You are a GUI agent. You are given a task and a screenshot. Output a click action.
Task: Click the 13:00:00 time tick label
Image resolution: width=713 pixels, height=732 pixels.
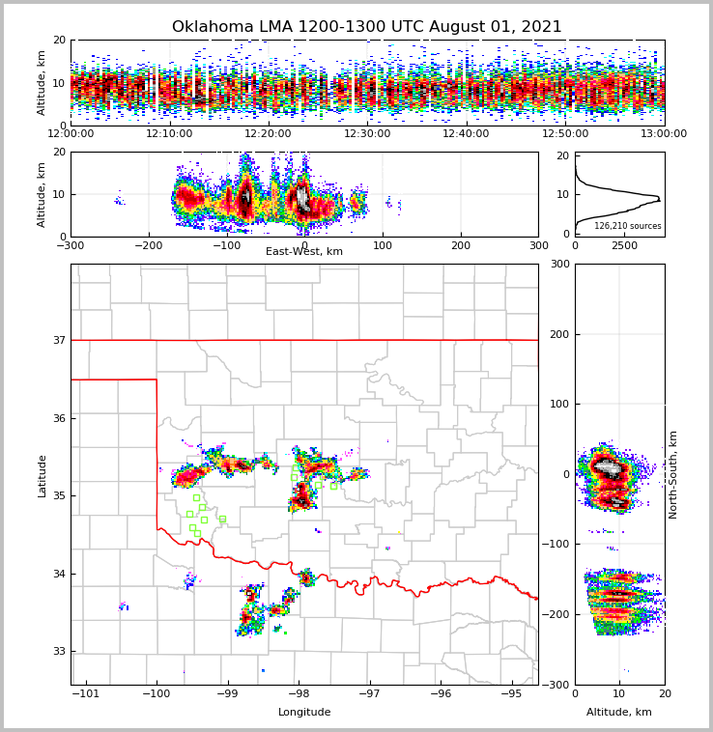pyautogui.click(x=664, y=134)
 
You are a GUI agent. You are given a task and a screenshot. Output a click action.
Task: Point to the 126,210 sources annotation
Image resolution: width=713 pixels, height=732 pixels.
pyautogui.click(x=628, y=226)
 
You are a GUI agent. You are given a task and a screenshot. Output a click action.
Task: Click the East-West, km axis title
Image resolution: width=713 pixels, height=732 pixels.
pyautogui.click(x=304, y=252)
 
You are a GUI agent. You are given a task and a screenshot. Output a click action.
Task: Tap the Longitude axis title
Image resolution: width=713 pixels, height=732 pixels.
pyautogui.click(x=304, y=713)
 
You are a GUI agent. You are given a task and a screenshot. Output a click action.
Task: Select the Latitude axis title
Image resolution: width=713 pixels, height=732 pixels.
pyautogui.click(x=43, y=475)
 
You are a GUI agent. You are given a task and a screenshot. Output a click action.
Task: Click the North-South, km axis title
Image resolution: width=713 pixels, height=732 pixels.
pyautogui.click(x=673, y=474)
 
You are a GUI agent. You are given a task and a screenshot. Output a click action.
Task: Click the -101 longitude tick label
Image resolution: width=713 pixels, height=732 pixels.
pyautogui.click(x=86, y=694)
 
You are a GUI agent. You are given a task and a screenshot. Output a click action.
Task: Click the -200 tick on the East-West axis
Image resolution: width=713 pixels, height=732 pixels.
pyautogui.click(x=149, y=246)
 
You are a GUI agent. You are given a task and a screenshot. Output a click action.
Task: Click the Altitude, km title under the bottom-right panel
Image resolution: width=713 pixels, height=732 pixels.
pyautogui.click(x=619, y=713)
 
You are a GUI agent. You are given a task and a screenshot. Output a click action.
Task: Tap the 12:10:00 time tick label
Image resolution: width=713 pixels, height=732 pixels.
pyautogui.click(x=169, y=134)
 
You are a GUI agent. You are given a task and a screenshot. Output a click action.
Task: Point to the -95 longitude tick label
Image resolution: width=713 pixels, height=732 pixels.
pyautogui.click(x=511, y=694)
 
